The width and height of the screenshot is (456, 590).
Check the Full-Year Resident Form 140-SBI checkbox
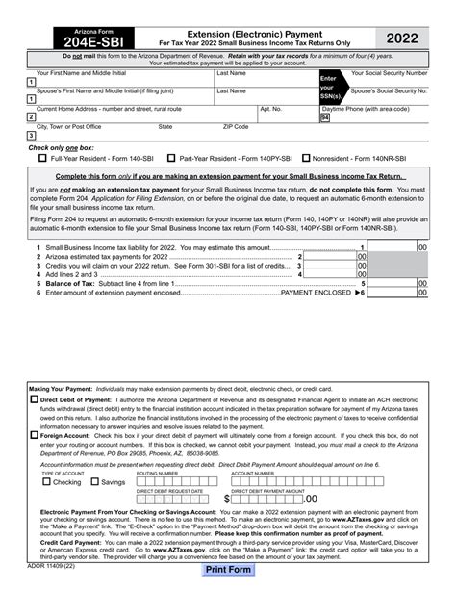pyautogui.click(x=42, y=157)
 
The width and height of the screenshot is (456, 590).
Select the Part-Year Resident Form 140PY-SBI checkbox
pyautogui.click(x=171, y=157)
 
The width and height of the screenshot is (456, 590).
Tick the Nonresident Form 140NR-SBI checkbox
pyautogui.click(x=306, y=157)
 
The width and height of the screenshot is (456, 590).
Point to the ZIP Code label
pyautogui.click(x=236, y=126)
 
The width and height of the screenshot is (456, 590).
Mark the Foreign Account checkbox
pyautogui.click(x=33, y=434)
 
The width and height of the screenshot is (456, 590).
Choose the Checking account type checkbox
pyautogui.click(x=46, y=482)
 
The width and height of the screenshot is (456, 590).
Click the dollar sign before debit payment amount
pyautogui.click(x=227, y=499)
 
